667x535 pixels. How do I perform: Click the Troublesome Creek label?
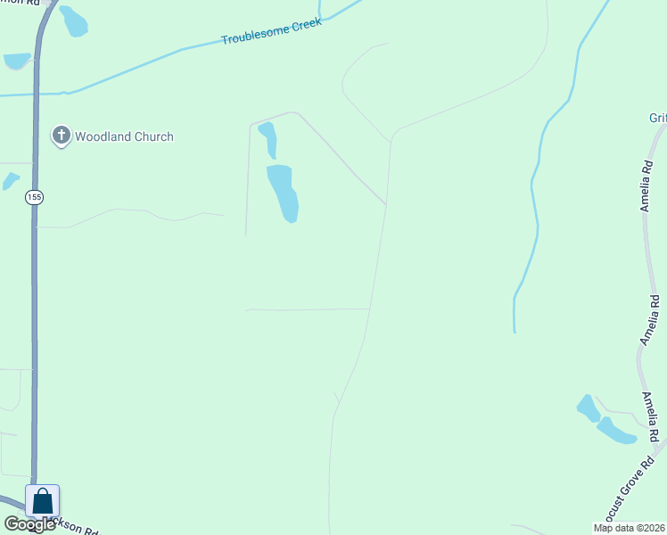[x=271, y=33]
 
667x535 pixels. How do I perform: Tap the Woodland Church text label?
[x=124, y=136]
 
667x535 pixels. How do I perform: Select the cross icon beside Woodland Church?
[x=62, y=136]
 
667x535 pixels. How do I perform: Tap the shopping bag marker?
[x=43, y=501]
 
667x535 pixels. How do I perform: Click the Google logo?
[x=30, y=524]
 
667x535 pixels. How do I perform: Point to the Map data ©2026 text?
[x=630, y=528]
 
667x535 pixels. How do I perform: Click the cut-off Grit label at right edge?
[x=658, y=118]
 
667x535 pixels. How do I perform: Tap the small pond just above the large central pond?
[x=268, y=139]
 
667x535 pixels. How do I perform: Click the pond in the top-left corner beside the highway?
[x=74, y=21]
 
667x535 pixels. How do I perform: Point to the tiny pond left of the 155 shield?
[x=11, y=181]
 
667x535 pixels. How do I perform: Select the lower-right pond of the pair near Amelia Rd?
[x=615, y=431]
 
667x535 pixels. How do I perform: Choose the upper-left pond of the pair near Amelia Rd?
[x=588, y=408]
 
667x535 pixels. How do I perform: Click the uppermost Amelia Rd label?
[x=646, y=185]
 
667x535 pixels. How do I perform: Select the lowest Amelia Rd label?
[x=651, y=416]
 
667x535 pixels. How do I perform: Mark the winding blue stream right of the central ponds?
[x=536, y=196]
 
